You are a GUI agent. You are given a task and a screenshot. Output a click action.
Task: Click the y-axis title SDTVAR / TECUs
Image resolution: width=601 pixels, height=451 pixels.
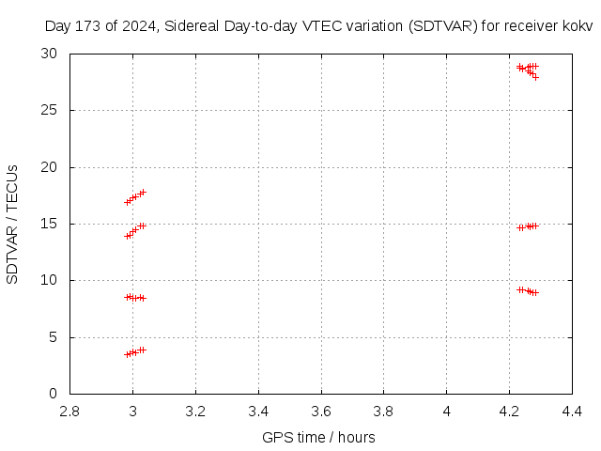point(12,224)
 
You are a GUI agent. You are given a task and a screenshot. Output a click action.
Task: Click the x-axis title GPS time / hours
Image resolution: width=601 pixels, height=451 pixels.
point(319,437)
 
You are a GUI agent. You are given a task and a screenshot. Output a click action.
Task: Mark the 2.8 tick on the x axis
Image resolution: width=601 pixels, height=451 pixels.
point(69,411)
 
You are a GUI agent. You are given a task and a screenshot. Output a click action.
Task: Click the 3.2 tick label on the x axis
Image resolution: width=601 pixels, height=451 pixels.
point(195,411)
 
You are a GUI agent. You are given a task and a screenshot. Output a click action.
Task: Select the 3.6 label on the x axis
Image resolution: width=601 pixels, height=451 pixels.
point(321,411)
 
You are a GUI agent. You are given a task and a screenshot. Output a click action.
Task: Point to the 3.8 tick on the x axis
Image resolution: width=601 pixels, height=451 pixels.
point(384,411)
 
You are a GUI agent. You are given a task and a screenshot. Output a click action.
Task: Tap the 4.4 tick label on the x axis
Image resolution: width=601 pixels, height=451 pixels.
point(572,411)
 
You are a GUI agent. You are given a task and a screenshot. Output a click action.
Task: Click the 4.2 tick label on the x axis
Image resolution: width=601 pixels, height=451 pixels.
point(509,411)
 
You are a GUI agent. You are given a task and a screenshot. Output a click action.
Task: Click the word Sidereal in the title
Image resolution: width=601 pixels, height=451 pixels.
point(193,26)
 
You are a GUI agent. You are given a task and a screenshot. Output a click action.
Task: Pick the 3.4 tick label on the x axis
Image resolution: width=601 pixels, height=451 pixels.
point(258,411)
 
